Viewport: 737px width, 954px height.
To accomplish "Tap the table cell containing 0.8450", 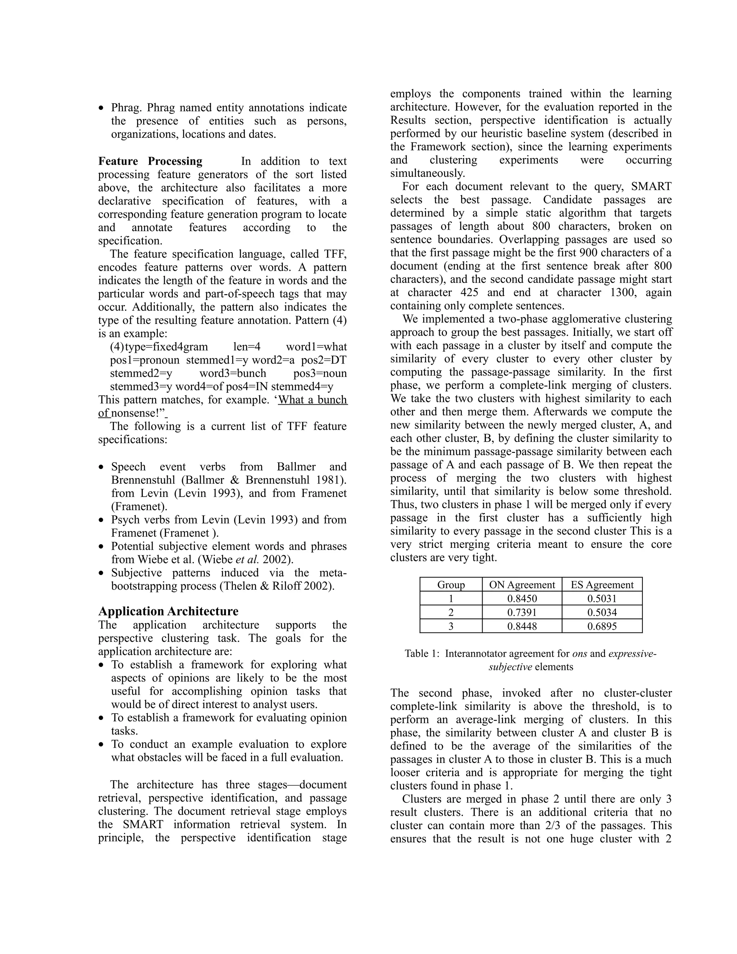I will coord(522,598).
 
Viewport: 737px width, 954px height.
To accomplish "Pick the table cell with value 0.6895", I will coord(602,626).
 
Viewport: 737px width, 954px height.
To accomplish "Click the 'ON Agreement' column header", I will coord(522,584).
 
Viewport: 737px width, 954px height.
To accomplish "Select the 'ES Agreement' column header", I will coord(602,584).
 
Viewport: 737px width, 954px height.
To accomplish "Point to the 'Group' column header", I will coord(451,584).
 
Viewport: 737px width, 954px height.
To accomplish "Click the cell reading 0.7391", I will coord(522,612).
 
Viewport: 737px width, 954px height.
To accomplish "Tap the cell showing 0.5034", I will coord(602,612).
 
